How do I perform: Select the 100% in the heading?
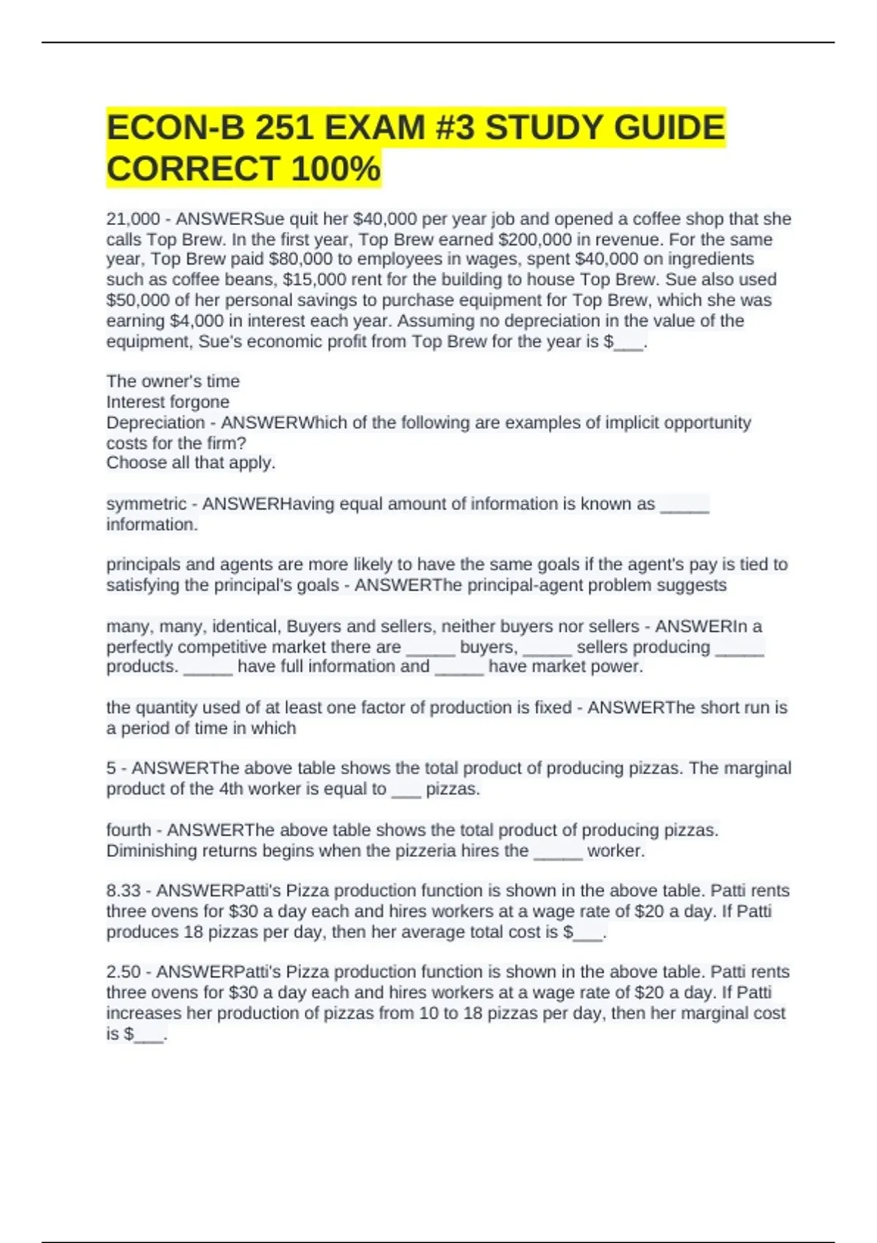[335, 169]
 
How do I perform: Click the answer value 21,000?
[133, 219]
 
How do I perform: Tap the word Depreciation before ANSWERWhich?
[156, 423]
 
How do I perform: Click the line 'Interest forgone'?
[167, 402]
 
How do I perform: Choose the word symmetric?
[146, 504]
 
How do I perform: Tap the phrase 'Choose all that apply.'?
[191, 463]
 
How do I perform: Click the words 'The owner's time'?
[172, 382]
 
